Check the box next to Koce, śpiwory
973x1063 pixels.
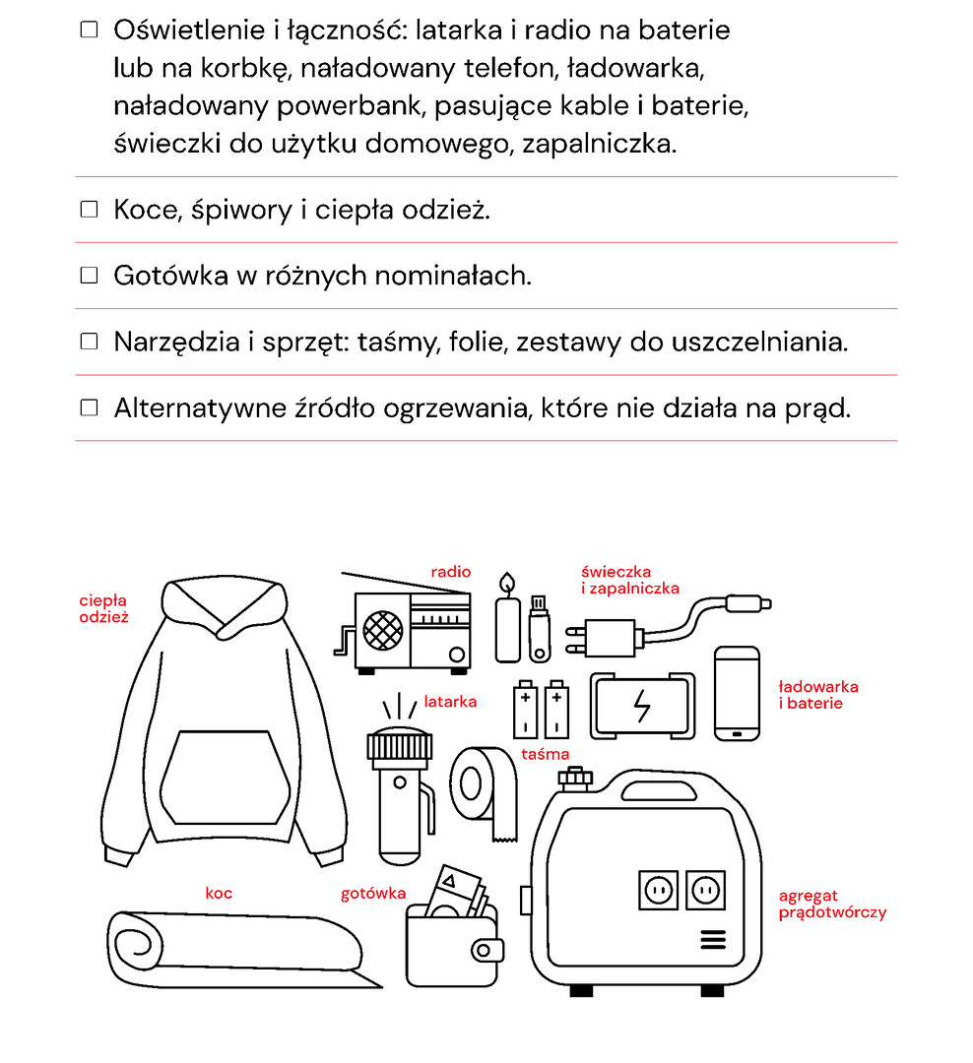(90, 210)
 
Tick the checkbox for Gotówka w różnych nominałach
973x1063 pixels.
(90, 276)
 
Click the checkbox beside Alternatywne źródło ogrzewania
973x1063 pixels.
(90, 407)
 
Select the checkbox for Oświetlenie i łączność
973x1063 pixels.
(90, 31)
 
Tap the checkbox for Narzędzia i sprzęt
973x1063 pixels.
(90, 342)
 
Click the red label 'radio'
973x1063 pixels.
(451, 572)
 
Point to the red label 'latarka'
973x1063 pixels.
(450, 702)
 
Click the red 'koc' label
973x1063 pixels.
(219, 894)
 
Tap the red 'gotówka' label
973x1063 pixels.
(373, 894)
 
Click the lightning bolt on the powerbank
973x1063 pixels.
(642, 706)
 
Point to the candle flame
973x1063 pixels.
(506, 584)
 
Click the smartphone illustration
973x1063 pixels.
(737, 693)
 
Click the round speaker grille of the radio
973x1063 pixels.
(383, 629)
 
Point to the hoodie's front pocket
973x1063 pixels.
(226, 778)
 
